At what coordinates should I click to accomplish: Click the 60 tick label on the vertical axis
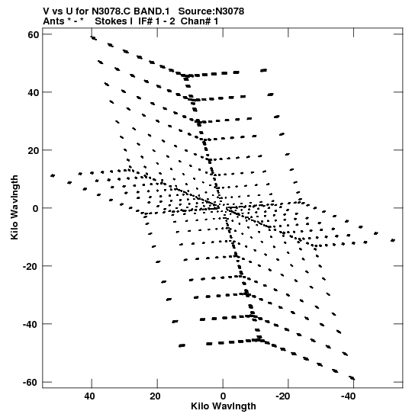[34, 34]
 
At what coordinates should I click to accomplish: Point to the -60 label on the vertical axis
[31, 383]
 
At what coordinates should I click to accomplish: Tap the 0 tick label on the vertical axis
[36, 208]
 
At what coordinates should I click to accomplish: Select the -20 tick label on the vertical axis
[31, 266]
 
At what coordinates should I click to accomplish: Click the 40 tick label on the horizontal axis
[89, 396]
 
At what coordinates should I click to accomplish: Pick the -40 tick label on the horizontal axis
[349, 396]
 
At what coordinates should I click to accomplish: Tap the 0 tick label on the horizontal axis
[223, 396]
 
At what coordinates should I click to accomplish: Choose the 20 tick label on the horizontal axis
[155, 396]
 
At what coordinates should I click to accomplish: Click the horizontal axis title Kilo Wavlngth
[224, 406]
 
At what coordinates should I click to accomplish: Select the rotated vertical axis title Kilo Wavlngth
[14, 207]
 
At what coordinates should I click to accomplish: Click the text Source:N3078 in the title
[211, 11]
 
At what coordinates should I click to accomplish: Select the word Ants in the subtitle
[53, 21]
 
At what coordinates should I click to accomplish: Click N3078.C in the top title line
[111, 11]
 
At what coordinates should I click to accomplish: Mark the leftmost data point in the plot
[53, 175]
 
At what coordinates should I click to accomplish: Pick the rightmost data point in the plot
[393, 240]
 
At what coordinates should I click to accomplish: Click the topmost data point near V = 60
[93, 38]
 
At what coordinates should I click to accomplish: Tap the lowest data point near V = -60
[352, 378]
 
